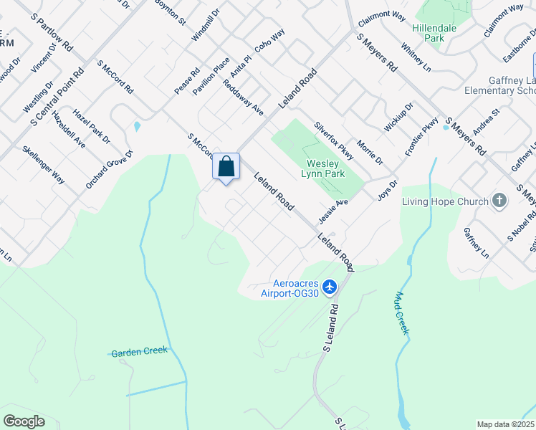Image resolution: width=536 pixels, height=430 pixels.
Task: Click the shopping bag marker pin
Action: (226, 168)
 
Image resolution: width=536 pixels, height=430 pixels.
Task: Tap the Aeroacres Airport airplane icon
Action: (330, 287)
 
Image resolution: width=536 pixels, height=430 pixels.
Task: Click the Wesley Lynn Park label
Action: (325, 168)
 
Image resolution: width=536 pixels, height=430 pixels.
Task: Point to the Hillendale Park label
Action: (439, 32)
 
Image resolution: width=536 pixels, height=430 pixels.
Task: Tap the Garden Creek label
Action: (139, 352)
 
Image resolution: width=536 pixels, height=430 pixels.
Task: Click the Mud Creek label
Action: (402, 312)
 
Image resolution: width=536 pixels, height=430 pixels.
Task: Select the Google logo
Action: (24, 421)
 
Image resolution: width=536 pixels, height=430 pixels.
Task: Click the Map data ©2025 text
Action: (505, 424)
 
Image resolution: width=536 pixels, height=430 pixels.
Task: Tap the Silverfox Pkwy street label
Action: (334, 140)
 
